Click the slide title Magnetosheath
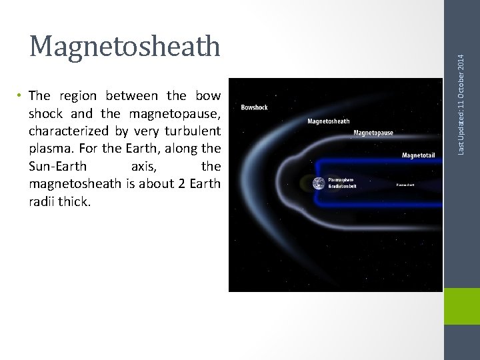coord(125,45)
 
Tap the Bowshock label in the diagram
coord(255,107)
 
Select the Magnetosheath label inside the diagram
coord(328,121)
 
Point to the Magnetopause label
coord(373,133)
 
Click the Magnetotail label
coord(418,155)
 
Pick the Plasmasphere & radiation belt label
coord(343,183)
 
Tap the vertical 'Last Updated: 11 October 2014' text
coord(461,79)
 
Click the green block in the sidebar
coord(461,306)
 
